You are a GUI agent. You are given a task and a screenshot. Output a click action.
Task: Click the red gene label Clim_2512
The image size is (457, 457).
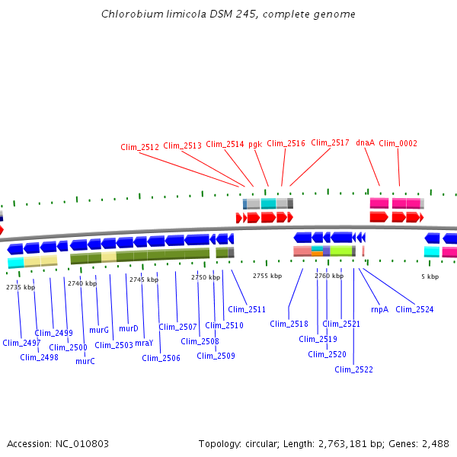pyautogui.click(x=139, y=147)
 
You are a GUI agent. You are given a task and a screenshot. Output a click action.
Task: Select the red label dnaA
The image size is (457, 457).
pyautogui.click(x=365, y=142)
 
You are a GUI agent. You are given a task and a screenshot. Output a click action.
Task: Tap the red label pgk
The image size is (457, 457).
pyautogui.click(x=255, y=143)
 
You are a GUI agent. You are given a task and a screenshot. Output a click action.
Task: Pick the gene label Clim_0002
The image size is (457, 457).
pyautogui.click(x=398, y=143)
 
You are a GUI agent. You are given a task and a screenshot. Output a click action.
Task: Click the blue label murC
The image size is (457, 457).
pyautogui.click(x=85, y=361)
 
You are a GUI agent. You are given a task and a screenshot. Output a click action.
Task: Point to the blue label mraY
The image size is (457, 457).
pyautogui.click(x=144, y=343)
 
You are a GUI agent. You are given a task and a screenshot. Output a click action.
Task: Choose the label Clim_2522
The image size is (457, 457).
pyautogui.click(x=353, y=369)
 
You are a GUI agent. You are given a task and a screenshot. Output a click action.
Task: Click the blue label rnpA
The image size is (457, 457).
pyautogui.click(x=379, y=309)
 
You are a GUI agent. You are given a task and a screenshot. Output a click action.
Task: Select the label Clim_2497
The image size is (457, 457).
pyautogui.click(x=21, y=343)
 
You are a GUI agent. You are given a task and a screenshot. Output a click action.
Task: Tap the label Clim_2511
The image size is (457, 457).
pyautogui.click(x=247, y=309)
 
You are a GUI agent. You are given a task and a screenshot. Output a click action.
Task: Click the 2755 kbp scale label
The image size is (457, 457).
pyautogui.click(x=267, y=276)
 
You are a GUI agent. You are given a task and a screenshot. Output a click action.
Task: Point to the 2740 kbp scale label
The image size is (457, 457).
pyautogui.click(x=82, y=283)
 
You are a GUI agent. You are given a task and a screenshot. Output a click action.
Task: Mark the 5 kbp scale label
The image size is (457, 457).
pyautogui.click(x=430, y=276)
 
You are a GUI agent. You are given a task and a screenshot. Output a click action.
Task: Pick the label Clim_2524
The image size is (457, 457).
pyautogui.click(x=414, y=309)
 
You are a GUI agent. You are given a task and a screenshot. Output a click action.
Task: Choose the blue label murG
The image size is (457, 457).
pyautogui.click(x=99, y=330)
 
